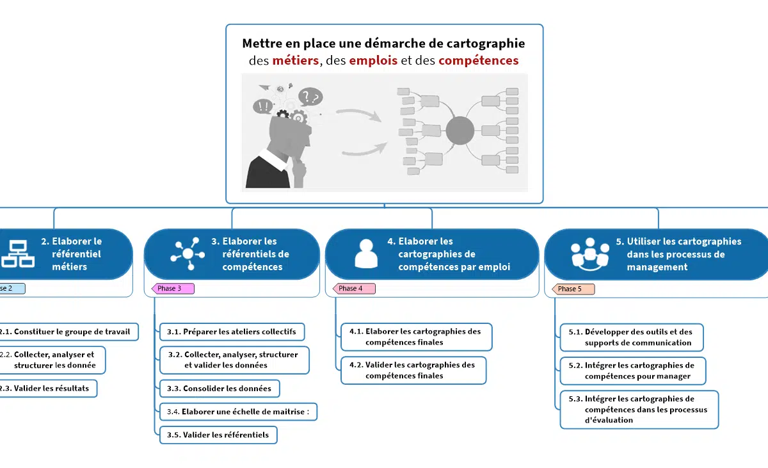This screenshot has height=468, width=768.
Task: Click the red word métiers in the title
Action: (x=295, y=61)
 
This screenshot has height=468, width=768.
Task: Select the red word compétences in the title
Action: (x=479, y=61)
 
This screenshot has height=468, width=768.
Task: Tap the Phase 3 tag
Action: (x=171, y=289)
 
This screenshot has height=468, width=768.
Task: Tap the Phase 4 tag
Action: (x=352, y=289)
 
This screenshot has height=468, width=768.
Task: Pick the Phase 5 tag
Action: (x=572, y=289)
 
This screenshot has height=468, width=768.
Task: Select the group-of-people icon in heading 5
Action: (x=590, y=254)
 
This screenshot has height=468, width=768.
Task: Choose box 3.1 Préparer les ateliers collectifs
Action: (x=232, y=332)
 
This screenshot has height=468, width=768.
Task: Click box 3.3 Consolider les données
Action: (x=220, y=389)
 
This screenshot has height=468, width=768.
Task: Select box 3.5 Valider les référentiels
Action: (x=218, y=435)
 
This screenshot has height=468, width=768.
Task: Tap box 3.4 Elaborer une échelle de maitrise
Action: (x=238, y=412)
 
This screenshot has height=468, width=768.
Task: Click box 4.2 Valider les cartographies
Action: (x=413, y=370)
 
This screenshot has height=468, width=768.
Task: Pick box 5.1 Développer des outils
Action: (x=631, y=337)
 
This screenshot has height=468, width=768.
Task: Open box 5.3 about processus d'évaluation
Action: (x=639, y=410)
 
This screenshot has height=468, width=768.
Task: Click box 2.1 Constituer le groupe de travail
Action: (x=67, y=332)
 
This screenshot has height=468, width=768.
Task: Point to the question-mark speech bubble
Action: (x=310, y=97)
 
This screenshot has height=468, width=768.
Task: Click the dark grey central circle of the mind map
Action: (x=460, y=131)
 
